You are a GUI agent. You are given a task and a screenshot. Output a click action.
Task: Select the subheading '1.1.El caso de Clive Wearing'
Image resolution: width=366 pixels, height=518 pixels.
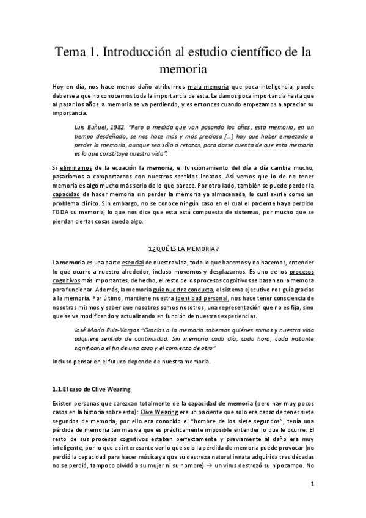click(x=91, y=389)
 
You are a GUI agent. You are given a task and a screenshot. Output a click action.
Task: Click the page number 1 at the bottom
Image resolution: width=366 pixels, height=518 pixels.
click(x=312, y=486)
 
